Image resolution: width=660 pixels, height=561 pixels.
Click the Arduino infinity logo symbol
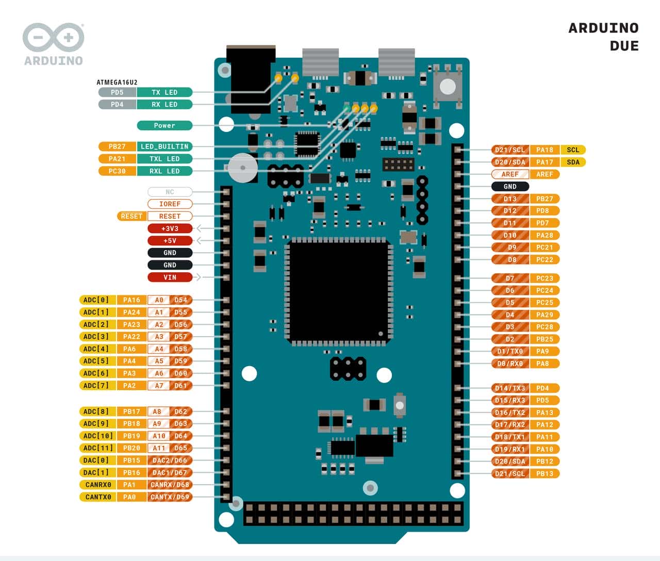click(53, 37)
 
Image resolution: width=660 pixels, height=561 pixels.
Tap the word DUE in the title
click(624, 46)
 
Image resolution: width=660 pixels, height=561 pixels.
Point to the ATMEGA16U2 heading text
click(117, 82)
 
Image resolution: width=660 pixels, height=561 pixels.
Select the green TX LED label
click(164, 92)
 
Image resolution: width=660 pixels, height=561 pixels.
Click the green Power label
click(164, 125)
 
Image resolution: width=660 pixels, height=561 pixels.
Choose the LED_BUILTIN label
click(164, 146)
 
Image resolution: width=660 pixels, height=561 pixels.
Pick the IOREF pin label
click(170, 204)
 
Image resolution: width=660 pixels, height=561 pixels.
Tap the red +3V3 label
click(170, 228)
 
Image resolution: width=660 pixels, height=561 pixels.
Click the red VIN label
click(170, 277)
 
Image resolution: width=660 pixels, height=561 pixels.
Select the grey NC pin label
click(170, 192)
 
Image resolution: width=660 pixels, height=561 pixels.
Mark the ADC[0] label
click(96, 300)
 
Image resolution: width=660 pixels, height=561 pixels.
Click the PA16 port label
click(131, 300)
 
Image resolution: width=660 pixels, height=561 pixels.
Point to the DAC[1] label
click(96, 473)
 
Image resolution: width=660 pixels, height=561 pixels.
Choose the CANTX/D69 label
click(170, 497)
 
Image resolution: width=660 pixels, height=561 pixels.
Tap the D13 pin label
click(510, 199)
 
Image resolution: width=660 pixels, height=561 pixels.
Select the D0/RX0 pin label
click(510, 364)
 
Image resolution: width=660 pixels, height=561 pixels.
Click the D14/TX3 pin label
click(510, 388)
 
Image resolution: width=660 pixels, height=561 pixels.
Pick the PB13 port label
click(544, 473)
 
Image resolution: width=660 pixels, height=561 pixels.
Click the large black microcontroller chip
click(339, 291)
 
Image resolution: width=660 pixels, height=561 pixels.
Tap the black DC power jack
click(251, 77)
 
